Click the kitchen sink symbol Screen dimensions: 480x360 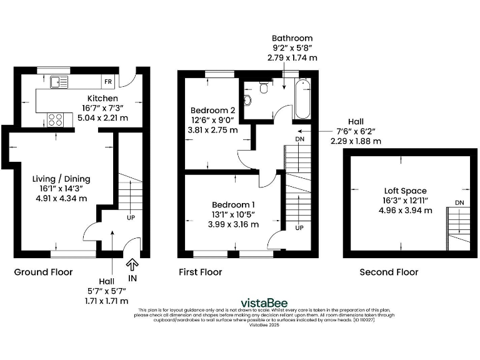click(x=59, y=82)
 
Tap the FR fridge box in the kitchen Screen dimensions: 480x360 click(x=108, y=82)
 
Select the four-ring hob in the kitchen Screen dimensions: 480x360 click(x=56, y=120)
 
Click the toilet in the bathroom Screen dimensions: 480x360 click(x=263, y=87)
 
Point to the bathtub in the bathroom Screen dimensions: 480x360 click(x=302, y=99)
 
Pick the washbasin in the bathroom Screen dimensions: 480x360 click(x=247, y=100)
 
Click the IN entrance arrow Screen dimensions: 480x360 click(x=132, y=264)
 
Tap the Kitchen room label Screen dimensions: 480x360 click(x=102, y=98)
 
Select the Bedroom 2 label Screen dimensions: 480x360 click(x=212, y=110)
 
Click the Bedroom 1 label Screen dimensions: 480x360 click(x=233, y=205)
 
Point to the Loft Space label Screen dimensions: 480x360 click(x=405, y=191)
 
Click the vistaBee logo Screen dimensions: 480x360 click(x=264, y=303)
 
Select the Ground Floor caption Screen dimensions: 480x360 click(x=44, y=272)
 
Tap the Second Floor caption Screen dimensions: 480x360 click(x=389, y=272)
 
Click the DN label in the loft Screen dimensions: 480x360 click(x=459, y=202)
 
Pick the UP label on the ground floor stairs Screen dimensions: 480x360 click(x=131, y=218)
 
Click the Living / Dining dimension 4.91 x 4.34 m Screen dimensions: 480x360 click(x=61, y=198)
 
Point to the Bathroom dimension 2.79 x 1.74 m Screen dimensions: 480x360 click(x=292, y=57)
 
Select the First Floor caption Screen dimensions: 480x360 click(x=201, y=272)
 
